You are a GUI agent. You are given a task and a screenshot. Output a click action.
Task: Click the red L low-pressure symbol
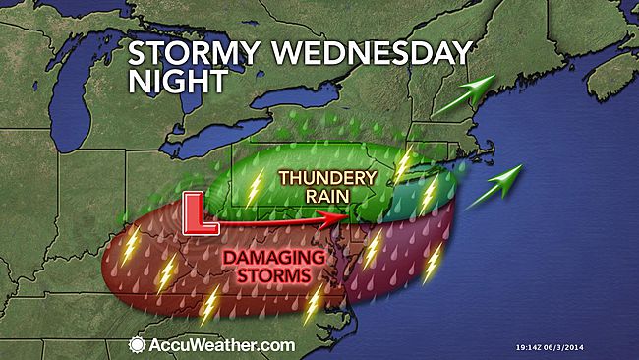coord(203,215)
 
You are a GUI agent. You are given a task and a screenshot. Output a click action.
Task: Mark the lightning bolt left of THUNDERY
coord(254,188)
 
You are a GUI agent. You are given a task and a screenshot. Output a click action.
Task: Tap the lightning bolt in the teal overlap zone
coord(428,196)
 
